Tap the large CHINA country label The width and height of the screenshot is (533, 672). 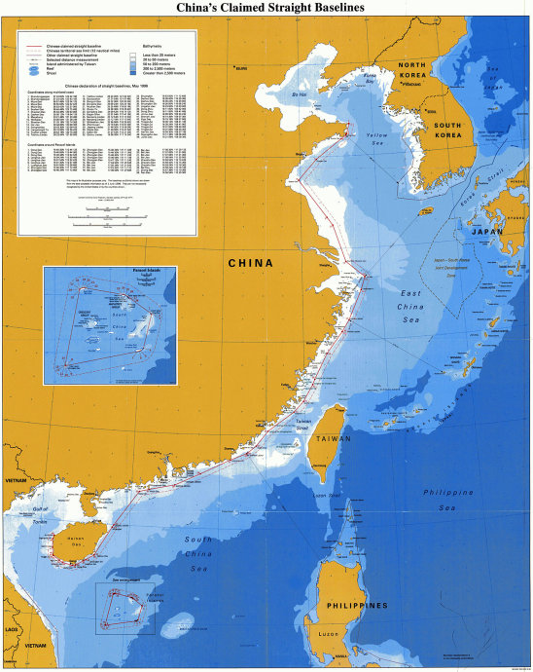(251, 263)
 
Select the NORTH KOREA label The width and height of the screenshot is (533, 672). (421, 70)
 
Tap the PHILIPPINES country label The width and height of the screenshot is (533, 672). (359, 605)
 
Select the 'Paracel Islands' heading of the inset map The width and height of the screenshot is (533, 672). (108, 273)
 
